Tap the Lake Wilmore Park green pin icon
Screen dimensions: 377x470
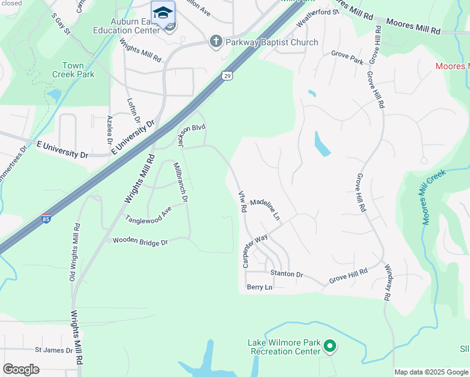(x=329, y=346)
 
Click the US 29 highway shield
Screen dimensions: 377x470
(x=227, y=75)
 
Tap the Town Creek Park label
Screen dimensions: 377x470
(x=78, y=70)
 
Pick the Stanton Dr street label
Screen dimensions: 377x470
(x=287, y=274)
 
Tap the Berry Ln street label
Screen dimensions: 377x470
(x=260, y=287)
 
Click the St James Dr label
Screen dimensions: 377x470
(x=53, y=349)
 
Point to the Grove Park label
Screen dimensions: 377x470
(x=347, y=61)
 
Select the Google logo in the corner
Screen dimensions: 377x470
(x=21, y=369)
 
